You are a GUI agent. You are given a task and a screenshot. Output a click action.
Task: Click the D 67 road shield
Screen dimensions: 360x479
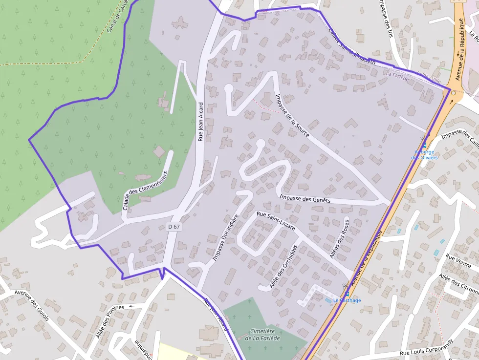tap(174, 227)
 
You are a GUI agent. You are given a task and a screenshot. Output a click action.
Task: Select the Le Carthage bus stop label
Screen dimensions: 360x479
tap(347, 300)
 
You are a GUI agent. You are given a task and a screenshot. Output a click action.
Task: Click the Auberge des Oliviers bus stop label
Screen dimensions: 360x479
tap(424, 154)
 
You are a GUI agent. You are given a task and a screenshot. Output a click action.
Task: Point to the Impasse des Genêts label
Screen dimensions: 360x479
tap(305, 199)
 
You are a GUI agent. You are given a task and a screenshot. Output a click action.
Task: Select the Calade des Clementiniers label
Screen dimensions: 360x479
tap(145, 191)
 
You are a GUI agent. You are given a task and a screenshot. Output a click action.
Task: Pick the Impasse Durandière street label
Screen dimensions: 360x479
tap(226, 237)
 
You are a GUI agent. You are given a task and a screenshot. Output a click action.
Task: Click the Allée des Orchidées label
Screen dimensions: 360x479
tap(283, 266)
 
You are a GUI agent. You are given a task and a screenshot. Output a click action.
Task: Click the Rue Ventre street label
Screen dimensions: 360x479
tap(458, 261)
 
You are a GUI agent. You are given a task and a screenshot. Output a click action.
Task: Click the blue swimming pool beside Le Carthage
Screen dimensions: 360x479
tap(328, 300)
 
